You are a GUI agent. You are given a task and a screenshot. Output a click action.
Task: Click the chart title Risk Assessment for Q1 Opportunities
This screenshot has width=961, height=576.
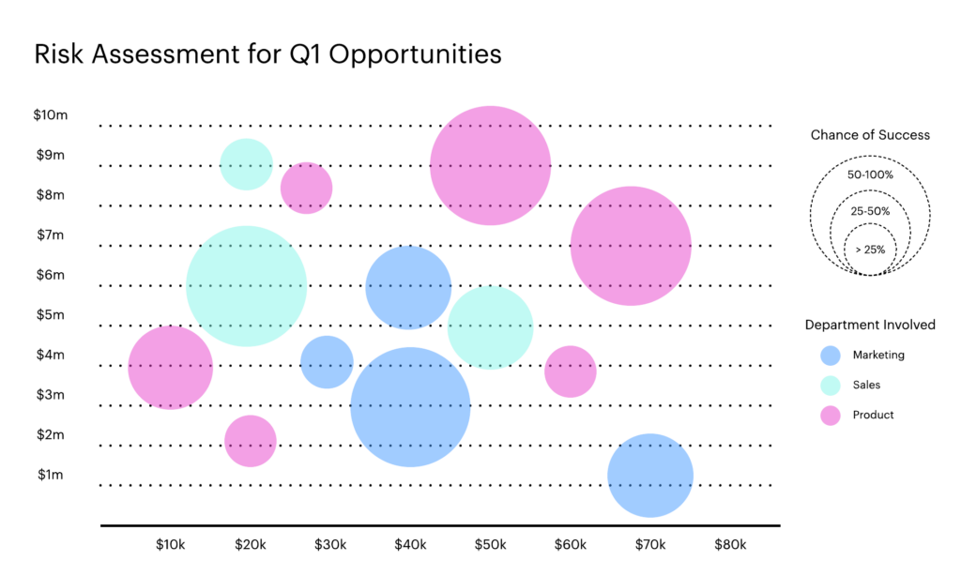pos(267,54)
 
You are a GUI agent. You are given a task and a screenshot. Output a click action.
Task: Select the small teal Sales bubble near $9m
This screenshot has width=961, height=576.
pos(246,164)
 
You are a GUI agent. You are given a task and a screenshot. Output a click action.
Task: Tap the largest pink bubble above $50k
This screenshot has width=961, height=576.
pos(490,165)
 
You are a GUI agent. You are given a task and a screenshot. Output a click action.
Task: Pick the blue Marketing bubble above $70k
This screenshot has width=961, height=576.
pos(650,476)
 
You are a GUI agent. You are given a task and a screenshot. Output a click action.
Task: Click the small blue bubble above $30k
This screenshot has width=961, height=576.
pos(327,362)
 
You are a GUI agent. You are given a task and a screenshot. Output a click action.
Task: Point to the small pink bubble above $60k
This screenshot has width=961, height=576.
pos(571,371)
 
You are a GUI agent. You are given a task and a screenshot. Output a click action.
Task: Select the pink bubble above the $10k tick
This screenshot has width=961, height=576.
pos(170,367)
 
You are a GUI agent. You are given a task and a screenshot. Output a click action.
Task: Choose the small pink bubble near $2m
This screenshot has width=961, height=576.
pos(251,441)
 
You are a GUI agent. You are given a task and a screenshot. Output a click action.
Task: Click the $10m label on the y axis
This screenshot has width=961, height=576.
pos(51,115)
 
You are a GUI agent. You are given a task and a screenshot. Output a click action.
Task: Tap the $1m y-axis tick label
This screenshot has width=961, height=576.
pos(51,475)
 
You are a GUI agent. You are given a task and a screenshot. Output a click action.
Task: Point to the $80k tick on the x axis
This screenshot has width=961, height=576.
pos(730,545)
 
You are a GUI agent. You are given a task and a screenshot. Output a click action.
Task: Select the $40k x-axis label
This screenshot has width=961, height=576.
pos(410,545)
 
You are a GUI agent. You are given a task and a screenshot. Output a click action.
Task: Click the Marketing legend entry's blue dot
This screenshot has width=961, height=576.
pos(830,356)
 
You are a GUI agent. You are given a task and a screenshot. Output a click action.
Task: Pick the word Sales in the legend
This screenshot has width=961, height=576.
pos(866,385)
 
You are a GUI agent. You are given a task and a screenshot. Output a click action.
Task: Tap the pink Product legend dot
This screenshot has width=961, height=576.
pos(830,415)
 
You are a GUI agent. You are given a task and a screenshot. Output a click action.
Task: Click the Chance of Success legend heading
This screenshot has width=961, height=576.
pos(870,135)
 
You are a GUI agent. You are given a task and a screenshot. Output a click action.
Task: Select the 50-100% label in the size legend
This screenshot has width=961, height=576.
pos(870,174)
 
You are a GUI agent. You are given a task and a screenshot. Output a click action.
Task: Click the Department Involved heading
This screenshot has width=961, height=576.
pos(870,325)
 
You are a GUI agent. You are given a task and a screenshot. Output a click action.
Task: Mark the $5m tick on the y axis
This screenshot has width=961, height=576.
pos(51,315)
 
